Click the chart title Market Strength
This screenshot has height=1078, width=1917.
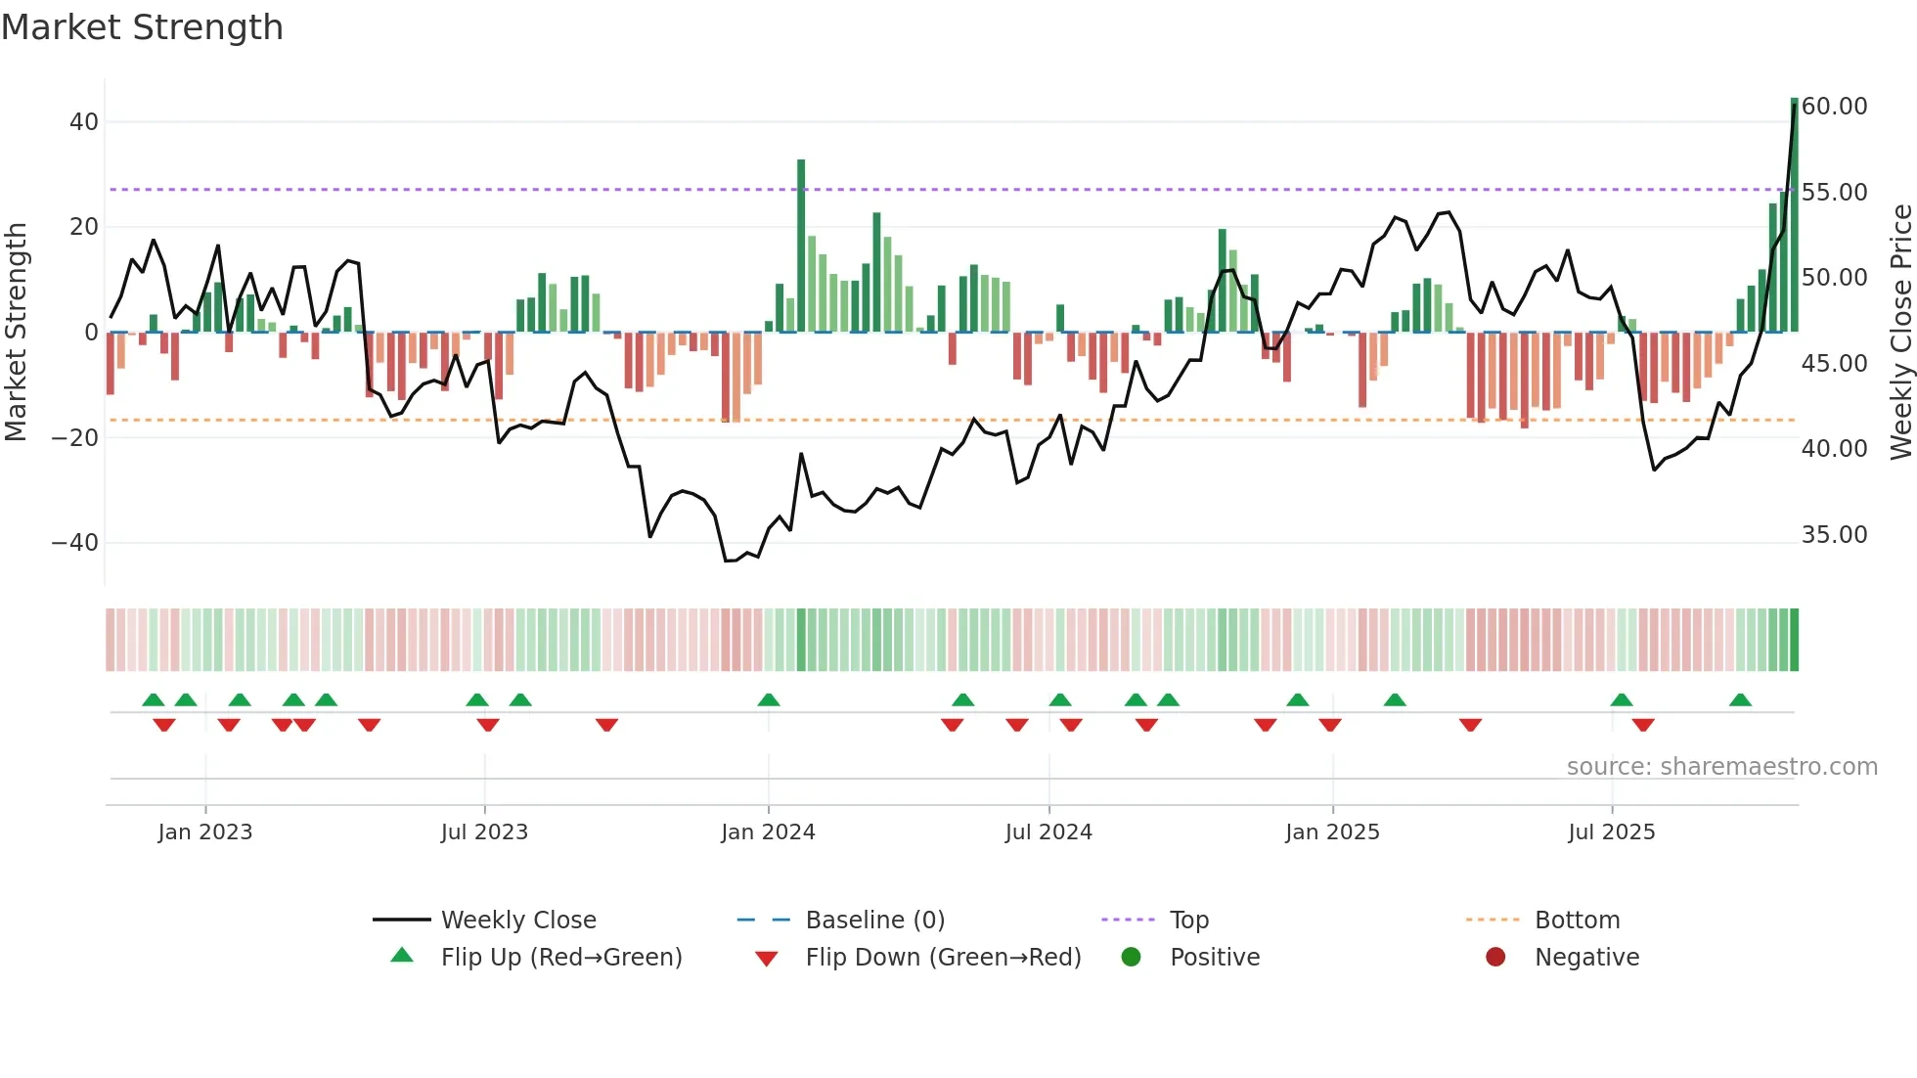[142, 27]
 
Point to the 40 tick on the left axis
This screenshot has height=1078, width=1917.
[84, 122]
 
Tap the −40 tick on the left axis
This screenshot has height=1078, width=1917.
[75, 543]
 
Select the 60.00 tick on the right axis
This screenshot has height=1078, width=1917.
[1834, 107]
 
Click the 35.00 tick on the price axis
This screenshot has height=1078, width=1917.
[1834, 535]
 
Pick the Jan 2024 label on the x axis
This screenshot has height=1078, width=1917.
[768, 832]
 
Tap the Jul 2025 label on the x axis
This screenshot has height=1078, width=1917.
[1611, 832]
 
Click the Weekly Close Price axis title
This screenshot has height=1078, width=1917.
[1900, 333]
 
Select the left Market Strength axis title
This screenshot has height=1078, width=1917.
[17, 333]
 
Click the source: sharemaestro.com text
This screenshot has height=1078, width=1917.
[1721, 767]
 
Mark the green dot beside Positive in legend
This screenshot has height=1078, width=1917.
[1132, 958]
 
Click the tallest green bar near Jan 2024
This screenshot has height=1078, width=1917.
[801, 245]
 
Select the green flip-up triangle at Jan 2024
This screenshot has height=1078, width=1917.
[769, 700]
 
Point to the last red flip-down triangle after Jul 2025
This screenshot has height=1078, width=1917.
[1643, 725]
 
